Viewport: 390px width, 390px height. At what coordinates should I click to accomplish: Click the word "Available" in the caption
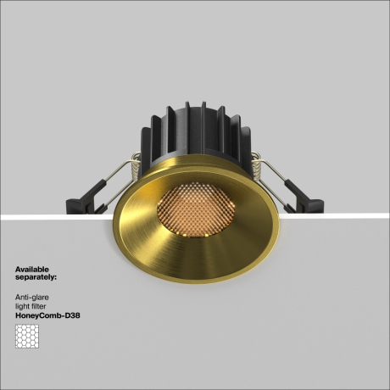point(31,269)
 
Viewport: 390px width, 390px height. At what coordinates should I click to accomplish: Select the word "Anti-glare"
point(31,298)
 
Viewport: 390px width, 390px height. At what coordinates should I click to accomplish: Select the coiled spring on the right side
point(253,160)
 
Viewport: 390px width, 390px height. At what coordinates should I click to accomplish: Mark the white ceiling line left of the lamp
point(51,216)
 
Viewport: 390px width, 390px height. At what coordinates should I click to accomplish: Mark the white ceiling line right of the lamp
point(339,216)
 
